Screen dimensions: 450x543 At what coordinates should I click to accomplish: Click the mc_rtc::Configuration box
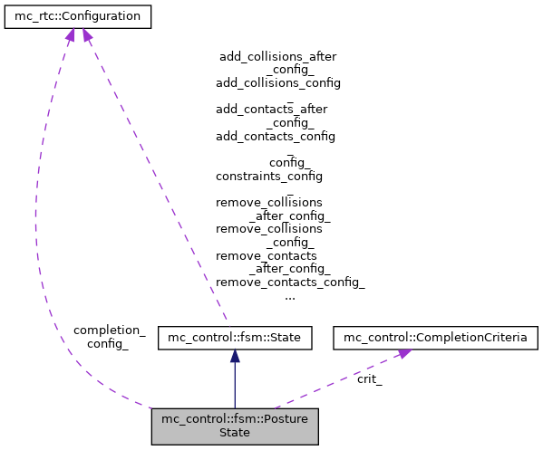(77, 16)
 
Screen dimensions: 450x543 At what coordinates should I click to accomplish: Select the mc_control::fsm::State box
(235, 339)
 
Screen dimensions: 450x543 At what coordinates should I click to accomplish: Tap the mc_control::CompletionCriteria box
(436, 339)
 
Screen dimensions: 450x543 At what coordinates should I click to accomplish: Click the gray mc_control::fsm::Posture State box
(235, 426)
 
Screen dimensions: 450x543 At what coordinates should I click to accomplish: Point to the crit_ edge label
(369, 379)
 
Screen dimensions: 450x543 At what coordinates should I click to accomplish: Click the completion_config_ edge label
(109, 337)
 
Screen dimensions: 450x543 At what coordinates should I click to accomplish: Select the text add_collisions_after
(277, 56)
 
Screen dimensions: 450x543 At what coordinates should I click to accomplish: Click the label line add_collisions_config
(277, 82)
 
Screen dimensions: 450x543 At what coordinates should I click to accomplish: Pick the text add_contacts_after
(271, 109)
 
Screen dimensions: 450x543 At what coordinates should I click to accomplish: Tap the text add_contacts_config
(275, 136)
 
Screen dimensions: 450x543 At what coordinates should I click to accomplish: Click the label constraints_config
(268, 176)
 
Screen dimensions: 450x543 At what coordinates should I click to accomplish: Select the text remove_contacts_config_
(290, 282)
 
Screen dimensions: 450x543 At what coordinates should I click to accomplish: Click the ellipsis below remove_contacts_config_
(289, 295)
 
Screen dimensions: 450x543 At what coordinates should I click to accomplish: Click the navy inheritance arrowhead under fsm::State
(235, 357)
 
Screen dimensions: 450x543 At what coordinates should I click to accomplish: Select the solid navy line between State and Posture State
(235, 385)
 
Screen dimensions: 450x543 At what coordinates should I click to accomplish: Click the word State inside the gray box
(235, 433)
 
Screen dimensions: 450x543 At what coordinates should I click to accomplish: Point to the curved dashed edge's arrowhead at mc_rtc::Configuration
(69, 34)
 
